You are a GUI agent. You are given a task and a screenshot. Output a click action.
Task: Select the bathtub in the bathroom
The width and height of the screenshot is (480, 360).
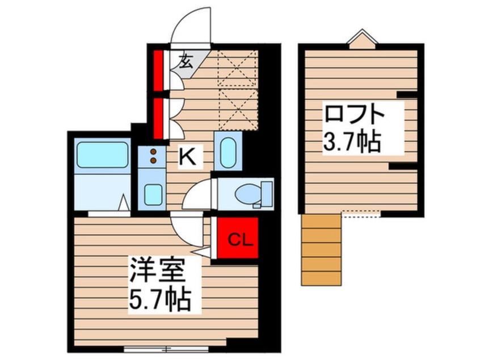[102, 155]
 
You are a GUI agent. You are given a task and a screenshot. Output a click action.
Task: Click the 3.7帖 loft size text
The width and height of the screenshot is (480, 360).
[351, 143]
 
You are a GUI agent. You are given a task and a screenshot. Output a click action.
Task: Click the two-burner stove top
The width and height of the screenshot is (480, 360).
[152, 156]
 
